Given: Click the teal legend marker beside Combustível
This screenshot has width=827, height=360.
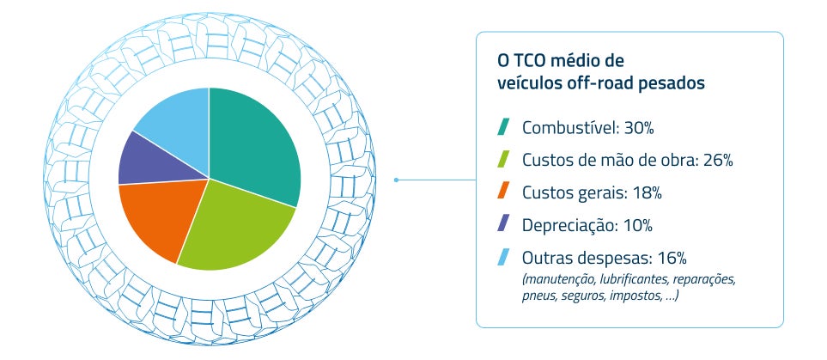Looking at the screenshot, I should pos(504,128).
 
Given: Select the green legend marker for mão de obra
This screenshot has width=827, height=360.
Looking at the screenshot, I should pos(504,160).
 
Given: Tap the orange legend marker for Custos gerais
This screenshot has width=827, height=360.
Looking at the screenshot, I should pos(504,192).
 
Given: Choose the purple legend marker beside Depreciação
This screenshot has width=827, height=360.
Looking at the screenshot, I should pos(504,224).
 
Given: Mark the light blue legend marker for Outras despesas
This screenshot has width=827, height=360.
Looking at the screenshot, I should pos(504,257).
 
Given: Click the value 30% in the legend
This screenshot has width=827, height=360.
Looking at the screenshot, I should pos(638,129).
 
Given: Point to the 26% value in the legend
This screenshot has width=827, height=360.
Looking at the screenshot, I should pos(715,161).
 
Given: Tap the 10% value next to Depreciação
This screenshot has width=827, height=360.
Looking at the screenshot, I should pos(635,225).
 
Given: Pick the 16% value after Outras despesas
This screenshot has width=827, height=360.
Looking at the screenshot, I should pos(670,258).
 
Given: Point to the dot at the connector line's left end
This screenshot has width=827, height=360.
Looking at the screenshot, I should pos(396,180).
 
